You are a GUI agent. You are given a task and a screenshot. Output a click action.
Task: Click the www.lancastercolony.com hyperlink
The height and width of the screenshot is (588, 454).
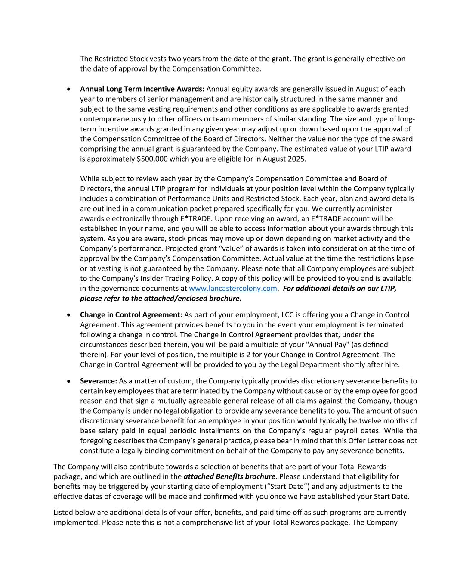233,289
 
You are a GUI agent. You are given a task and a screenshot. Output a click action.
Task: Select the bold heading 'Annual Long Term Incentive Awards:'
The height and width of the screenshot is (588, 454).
142,89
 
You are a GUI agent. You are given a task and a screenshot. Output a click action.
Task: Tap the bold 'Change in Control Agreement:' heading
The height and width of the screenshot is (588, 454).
131,315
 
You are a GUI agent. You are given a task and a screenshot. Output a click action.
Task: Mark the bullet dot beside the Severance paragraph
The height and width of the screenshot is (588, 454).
69,382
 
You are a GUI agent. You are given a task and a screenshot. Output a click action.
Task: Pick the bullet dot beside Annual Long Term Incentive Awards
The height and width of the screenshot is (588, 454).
69,90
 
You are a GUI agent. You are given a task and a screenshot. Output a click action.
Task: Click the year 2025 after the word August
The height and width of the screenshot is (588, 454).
296,159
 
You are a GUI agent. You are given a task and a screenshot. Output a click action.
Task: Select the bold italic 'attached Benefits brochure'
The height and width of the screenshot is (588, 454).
229,476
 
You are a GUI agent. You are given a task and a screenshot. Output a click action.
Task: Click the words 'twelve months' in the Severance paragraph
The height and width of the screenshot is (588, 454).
395,421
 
